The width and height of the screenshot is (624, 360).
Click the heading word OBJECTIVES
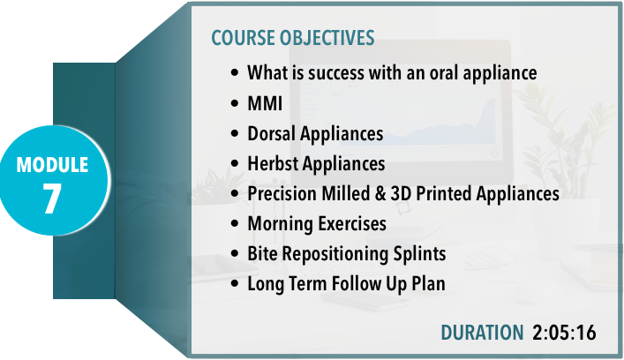[327, 38]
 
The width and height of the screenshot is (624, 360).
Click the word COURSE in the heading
[243, 38]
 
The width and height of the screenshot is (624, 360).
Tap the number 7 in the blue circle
[52, 199]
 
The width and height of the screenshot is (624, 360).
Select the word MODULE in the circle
[52, 165]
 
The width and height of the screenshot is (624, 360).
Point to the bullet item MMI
[265, 103]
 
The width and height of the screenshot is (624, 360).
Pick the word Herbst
[272, 163]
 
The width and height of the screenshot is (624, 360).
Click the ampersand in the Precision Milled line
[380, 194]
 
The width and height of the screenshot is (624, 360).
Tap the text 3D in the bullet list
[401, 194]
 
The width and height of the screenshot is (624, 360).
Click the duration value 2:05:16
[564, 333]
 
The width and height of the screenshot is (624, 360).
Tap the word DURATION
[482, 333]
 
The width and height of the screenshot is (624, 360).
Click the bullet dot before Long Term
[235, 284]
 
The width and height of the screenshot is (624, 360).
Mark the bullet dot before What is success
[235, 73]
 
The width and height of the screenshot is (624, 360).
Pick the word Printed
[444, 194]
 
